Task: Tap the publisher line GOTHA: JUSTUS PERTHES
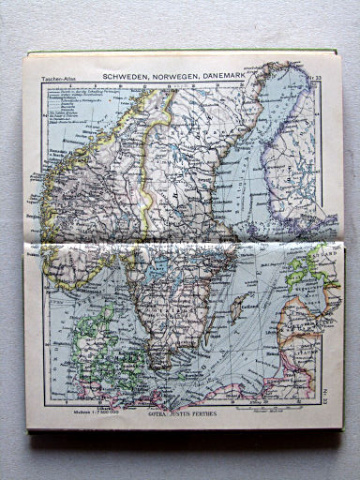tap(175, 410)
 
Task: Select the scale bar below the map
tap(263, 408)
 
